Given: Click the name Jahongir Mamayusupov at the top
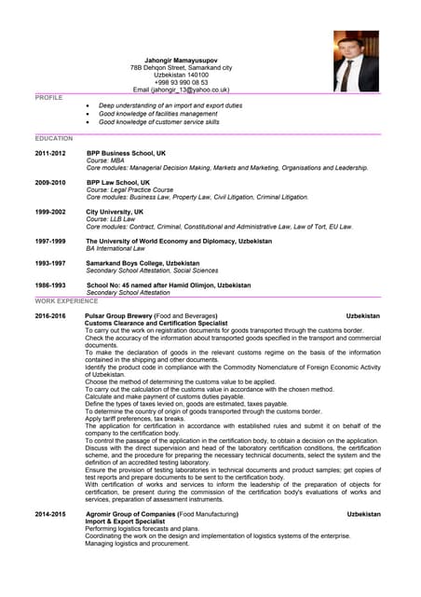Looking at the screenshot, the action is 182,60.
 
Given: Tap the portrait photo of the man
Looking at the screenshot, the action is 356,61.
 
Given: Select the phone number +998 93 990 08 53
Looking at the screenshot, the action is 182,82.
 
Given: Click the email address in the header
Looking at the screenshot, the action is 182,90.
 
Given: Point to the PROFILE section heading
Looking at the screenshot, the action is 48,97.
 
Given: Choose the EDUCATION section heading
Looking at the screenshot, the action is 54,138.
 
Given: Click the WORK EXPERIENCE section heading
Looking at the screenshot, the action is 66,301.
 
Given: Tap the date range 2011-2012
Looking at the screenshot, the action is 50,153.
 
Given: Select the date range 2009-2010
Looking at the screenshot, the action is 50,183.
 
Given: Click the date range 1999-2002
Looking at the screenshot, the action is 50,212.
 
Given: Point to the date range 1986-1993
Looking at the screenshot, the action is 50,285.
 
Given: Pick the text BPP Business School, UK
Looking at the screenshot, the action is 126,153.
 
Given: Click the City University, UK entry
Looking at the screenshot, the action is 115,212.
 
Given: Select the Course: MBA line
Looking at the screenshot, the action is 105,160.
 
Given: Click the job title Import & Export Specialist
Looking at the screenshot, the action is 125,521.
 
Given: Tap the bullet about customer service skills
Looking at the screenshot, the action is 158,121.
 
